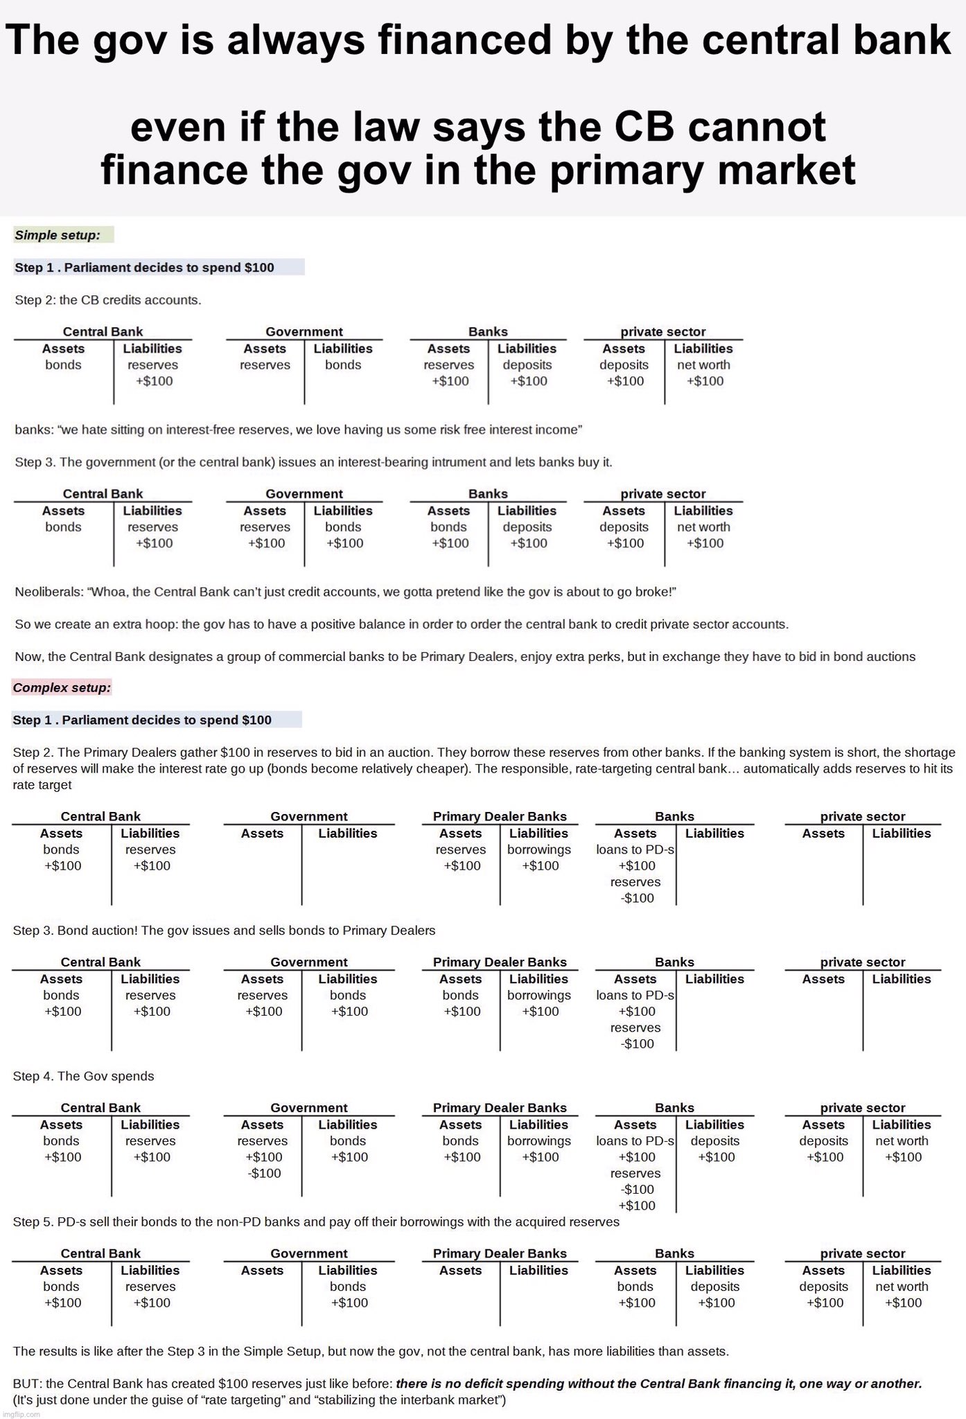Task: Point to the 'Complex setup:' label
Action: pyautogui.click(x=62, y=688)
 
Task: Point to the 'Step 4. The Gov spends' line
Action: pyautogui.click(x=83, y=1076)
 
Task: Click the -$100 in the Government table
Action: pyautogui.click(x=264, y=1173)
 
